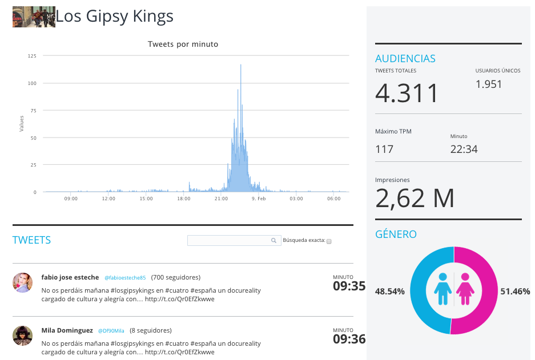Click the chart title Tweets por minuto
[x=183, y=45]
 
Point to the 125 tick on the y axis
[x=32, y=56]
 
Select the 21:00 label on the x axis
[x=221, y=199]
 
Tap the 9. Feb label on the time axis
[x=259, y=199]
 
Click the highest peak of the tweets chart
[x=240, y=65]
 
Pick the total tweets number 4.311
[x=407, y=93]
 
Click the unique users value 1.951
[x=489, y=84]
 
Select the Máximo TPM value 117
[x=384, y=149]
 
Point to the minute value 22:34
[x=464, y=149]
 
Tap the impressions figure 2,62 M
[x=415, y=199]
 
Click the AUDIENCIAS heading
[x=405, y=59]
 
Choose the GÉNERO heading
[x=396, y=234]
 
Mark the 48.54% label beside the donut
[x=389, y=292]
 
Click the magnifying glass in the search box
[x=273, y=240]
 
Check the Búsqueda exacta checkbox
[x=329, y=241]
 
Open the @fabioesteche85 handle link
[x=125, y=278]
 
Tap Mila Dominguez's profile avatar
[x=22, y=335]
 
